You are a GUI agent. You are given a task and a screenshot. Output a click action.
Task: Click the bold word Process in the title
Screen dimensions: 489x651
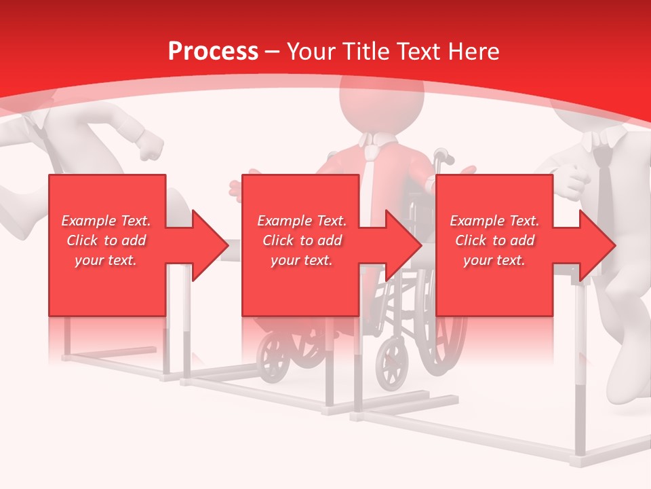click(213, 52)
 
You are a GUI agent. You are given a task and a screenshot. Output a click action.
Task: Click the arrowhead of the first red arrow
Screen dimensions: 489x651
click(210, 245)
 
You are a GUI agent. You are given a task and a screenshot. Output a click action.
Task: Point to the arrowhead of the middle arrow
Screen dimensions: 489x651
click(403, 245)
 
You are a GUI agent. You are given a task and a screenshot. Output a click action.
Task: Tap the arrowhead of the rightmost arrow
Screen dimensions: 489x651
click(597, 245)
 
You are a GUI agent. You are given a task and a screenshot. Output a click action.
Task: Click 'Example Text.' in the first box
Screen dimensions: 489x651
click(106, 221)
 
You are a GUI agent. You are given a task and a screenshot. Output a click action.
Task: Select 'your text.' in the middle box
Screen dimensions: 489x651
click(301, 260)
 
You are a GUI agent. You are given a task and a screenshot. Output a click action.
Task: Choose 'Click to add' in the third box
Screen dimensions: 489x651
click(494, 240)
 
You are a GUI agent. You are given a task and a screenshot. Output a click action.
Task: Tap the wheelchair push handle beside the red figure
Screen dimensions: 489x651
click(445, 158)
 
